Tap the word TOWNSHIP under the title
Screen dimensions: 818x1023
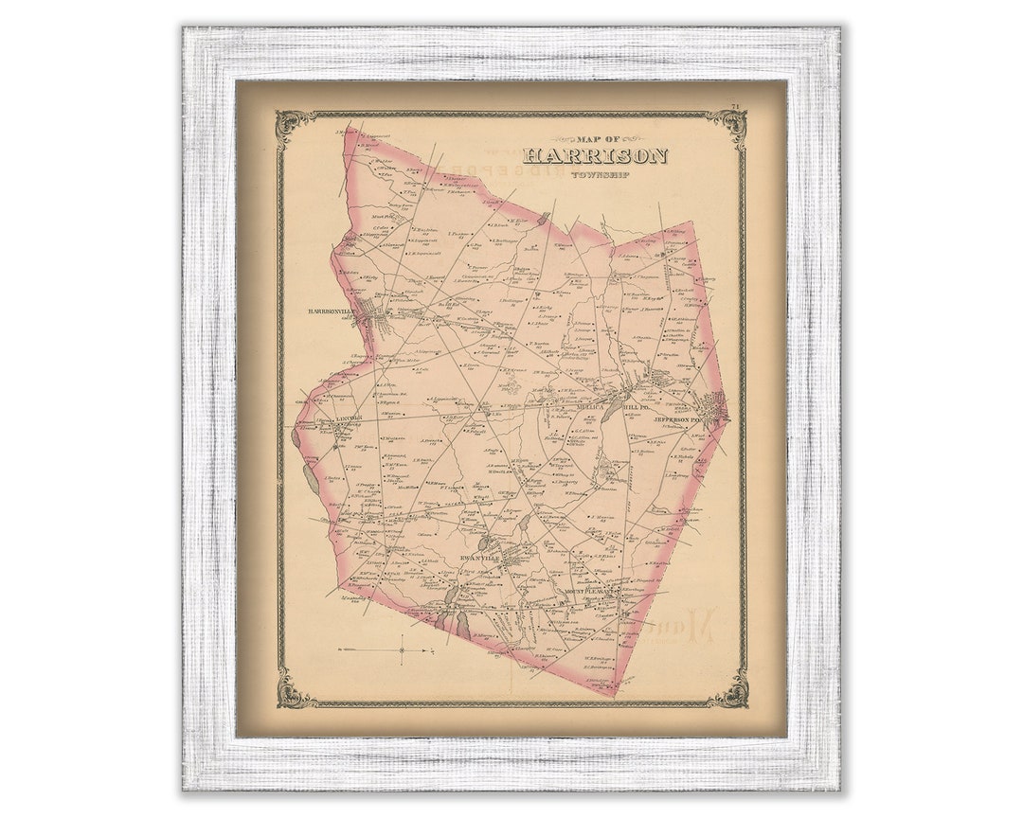[x=594, y=174]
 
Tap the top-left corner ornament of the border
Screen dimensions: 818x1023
[x=291, y=124]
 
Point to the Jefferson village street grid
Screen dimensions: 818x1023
[x=716, y=407]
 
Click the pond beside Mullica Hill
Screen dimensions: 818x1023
[x=612, y=407]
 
